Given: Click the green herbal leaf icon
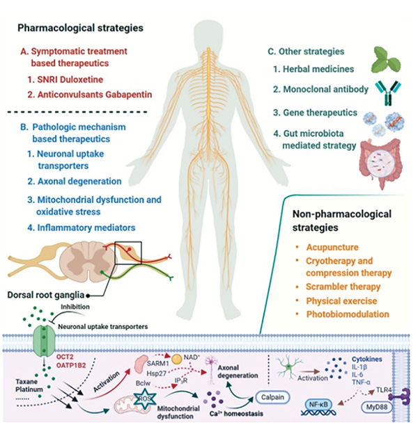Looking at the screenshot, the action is coord(386,61).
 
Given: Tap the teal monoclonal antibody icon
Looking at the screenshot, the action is coord(389,93).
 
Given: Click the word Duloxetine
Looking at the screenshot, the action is coord(82,79).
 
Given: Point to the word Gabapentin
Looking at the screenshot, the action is coord(128,95).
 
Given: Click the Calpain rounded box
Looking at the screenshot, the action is coord(272,397).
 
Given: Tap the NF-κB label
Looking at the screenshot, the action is coord(318,405).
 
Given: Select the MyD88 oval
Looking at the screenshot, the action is coord(377,408).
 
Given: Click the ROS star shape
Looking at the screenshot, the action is coord(144,399).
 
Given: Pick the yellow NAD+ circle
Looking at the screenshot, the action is coord(177,359).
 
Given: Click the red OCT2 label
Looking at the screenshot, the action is coord(65,357).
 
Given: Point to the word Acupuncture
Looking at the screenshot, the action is coord(332,248).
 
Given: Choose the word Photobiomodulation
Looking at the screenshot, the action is coord(348,314).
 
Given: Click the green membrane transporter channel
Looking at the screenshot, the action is coord(44,340).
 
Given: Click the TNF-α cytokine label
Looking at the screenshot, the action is coord(361,382).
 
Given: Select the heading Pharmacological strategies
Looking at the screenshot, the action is coord(80,28).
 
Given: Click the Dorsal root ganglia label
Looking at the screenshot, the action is coord(45,295).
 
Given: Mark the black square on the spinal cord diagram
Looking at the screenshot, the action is coord(128,242).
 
